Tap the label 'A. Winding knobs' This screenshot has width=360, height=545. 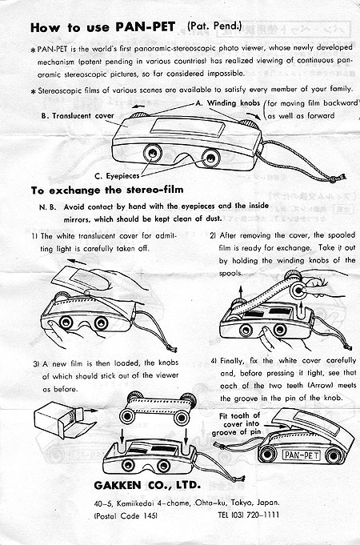(228, 103)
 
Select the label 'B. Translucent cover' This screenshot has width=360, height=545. (78, 116)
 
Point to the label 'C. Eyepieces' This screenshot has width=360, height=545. (117, 176)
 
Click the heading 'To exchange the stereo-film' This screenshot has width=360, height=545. (107, 190)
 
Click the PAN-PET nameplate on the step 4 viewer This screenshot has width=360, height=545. (302, 455)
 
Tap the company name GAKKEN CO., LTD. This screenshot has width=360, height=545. (147, 485)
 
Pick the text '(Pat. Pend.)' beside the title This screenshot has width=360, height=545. (214, 26)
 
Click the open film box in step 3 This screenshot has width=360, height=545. (62, 420)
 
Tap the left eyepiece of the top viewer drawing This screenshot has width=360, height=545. (153, 154)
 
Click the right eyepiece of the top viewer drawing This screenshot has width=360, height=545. (210, 158)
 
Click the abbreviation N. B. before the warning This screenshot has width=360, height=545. (48, 207)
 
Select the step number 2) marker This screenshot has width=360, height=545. (213, 235)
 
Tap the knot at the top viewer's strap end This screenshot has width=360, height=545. (334, 179)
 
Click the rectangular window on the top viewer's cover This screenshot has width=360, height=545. (188, 126)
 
